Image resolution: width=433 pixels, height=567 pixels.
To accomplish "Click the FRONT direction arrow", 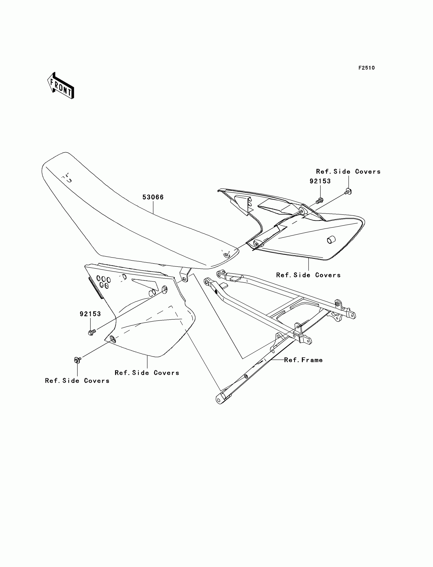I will point(61,86).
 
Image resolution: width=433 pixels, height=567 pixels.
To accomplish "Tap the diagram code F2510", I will point(367,68).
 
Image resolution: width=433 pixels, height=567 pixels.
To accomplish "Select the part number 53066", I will point(153,197).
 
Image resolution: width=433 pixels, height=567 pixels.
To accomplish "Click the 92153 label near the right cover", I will point(320,181).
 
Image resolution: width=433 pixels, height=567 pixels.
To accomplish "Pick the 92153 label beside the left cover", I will point(90,314).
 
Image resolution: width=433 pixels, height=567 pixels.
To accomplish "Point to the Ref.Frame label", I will point(303,360).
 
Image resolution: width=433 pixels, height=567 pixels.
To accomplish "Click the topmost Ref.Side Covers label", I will point(348,172).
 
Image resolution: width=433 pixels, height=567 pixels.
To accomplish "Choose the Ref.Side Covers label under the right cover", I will point(308,275).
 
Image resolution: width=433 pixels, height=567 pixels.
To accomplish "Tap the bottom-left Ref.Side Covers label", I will point(77,381).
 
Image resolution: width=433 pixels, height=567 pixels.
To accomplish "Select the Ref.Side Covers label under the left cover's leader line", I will point(147,373).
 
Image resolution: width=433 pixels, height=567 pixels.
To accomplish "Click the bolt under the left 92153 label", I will point(92,332).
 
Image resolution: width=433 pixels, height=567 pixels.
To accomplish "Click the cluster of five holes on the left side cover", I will point(103,282).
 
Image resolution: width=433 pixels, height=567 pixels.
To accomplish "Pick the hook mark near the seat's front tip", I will point(68,178).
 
